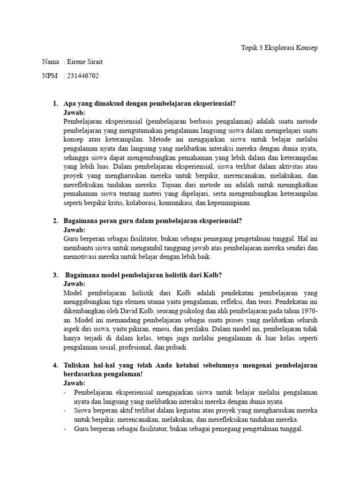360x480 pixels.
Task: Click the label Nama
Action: (x=50, y=62)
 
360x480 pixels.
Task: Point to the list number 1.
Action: (x=55, y=104)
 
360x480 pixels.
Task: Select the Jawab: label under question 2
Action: (x=74, y=230)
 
